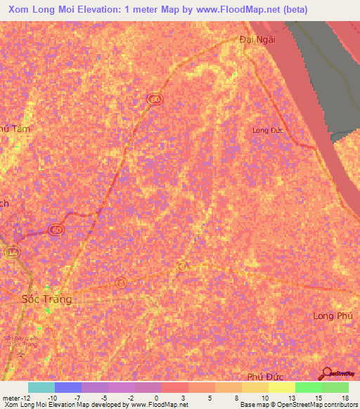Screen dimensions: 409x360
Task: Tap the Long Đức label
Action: (x=267, y=130)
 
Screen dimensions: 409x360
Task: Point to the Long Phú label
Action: (x=333, y=316)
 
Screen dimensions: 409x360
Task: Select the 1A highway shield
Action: (x=11, y=252)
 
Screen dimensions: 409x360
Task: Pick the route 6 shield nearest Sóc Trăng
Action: (x=121, y=283)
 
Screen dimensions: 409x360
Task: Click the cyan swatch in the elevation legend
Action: (x=41, y=387)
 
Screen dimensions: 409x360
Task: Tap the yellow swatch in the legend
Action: (x=281, y=387)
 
